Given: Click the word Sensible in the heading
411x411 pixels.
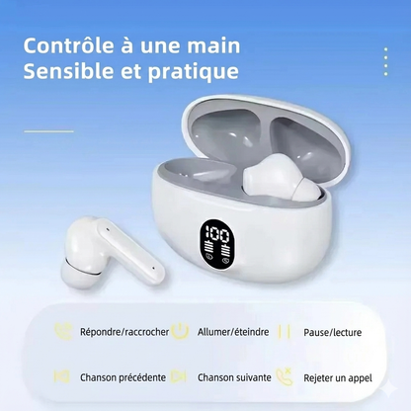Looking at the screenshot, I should pos(65,72).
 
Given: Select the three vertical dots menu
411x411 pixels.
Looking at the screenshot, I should pos(385,62).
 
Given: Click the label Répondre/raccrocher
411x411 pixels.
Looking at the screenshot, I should pos(124,331).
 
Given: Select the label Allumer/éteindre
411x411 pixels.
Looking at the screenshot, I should pos(231,331).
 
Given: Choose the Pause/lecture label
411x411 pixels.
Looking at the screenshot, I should pos(332,331).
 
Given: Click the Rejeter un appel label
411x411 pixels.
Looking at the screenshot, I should pos(338,376).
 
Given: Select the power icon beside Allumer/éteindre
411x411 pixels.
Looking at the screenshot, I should pos(180,331).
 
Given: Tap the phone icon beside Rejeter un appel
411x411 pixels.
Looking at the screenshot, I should pos(286,376).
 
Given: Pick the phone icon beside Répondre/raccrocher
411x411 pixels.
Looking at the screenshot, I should pos(63,331).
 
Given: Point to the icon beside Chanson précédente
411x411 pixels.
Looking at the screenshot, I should pos(63,376).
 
